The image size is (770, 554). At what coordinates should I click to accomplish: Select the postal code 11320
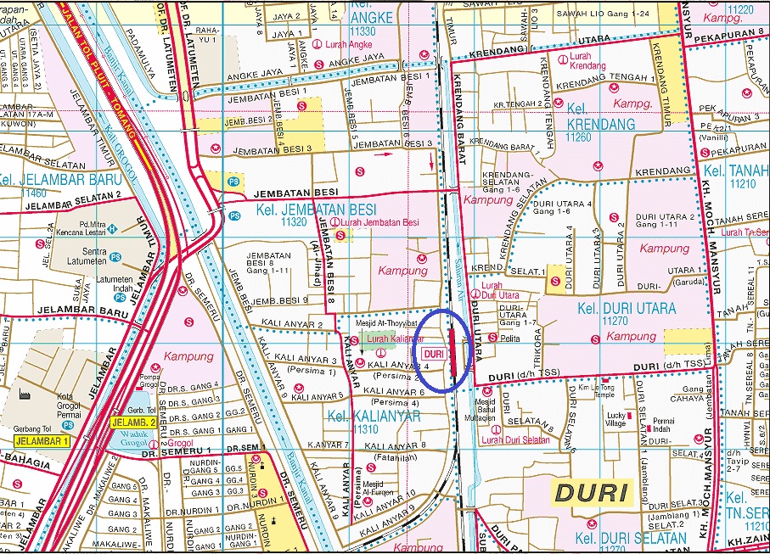click(293, 222)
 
